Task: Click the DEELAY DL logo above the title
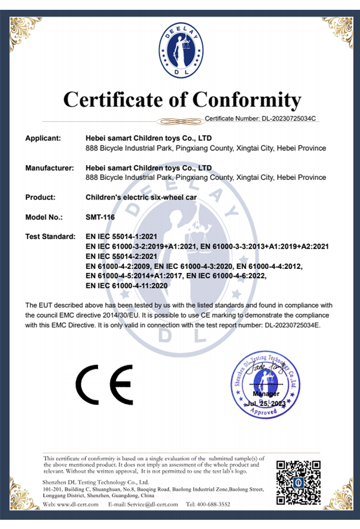181,51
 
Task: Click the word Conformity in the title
246,99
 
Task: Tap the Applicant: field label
43,138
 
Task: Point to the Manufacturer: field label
50,168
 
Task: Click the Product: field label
40,197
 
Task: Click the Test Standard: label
49,237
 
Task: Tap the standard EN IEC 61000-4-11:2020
127,285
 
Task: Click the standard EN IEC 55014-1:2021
121,237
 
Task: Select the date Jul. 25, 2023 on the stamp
265,404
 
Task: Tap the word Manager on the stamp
266,394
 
